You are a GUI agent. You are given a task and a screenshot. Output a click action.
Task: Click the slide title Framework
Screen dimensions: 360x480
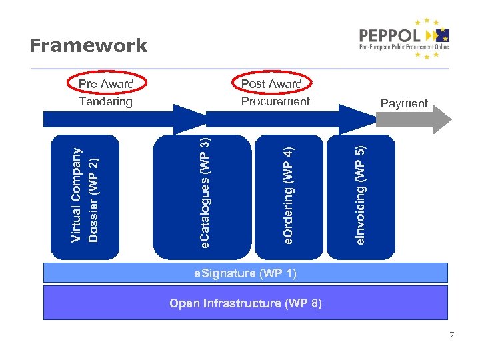(x=88, y=45)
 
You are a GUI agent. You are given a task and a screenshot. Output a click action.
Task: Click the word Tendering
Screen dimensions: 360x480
(x=106, y=101)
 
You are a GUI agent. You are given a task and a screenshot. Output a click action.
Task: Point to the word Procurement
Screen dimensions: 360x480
(x=275, y=101)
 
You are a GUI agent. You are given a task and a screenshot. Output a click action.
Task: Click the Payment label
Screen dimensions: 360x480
(x=403, y=103)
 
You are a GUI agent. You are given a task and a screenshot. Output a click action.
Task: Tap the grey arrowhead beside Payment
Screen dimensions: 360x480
(x=439, y=119)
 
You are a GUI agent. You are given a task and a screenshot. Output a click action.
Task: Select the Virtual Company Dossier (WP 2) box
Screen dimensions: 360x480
(x=85, y=196)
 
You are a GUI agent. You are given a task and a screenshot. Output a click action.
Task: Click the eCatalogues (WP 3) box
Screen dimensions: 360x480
(x=187, y=196)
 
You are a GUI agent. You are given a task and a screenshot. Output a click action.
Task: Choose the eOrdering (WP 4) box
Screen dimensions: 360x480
(x=288, y=196)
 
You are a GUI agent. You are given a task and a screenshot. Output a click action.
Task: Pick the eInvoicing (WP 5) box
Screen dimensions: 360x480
(x=361, y=196)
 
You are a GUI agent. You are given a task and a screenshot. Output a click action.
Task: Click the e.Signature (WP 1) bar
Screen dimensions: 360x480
(x=245, y=273)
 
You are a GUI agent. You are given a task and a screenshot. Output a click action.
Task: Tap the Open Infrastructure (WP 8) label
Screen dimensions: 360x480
(x=245, y=303)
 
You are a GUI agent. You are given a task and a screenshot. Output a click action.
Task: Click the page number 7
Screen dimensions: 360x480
(x=451, y=335)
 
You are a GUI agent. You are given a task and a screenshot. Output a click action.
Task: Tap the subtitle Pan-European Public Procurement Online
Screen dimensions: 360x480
(x=404, y=47)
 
